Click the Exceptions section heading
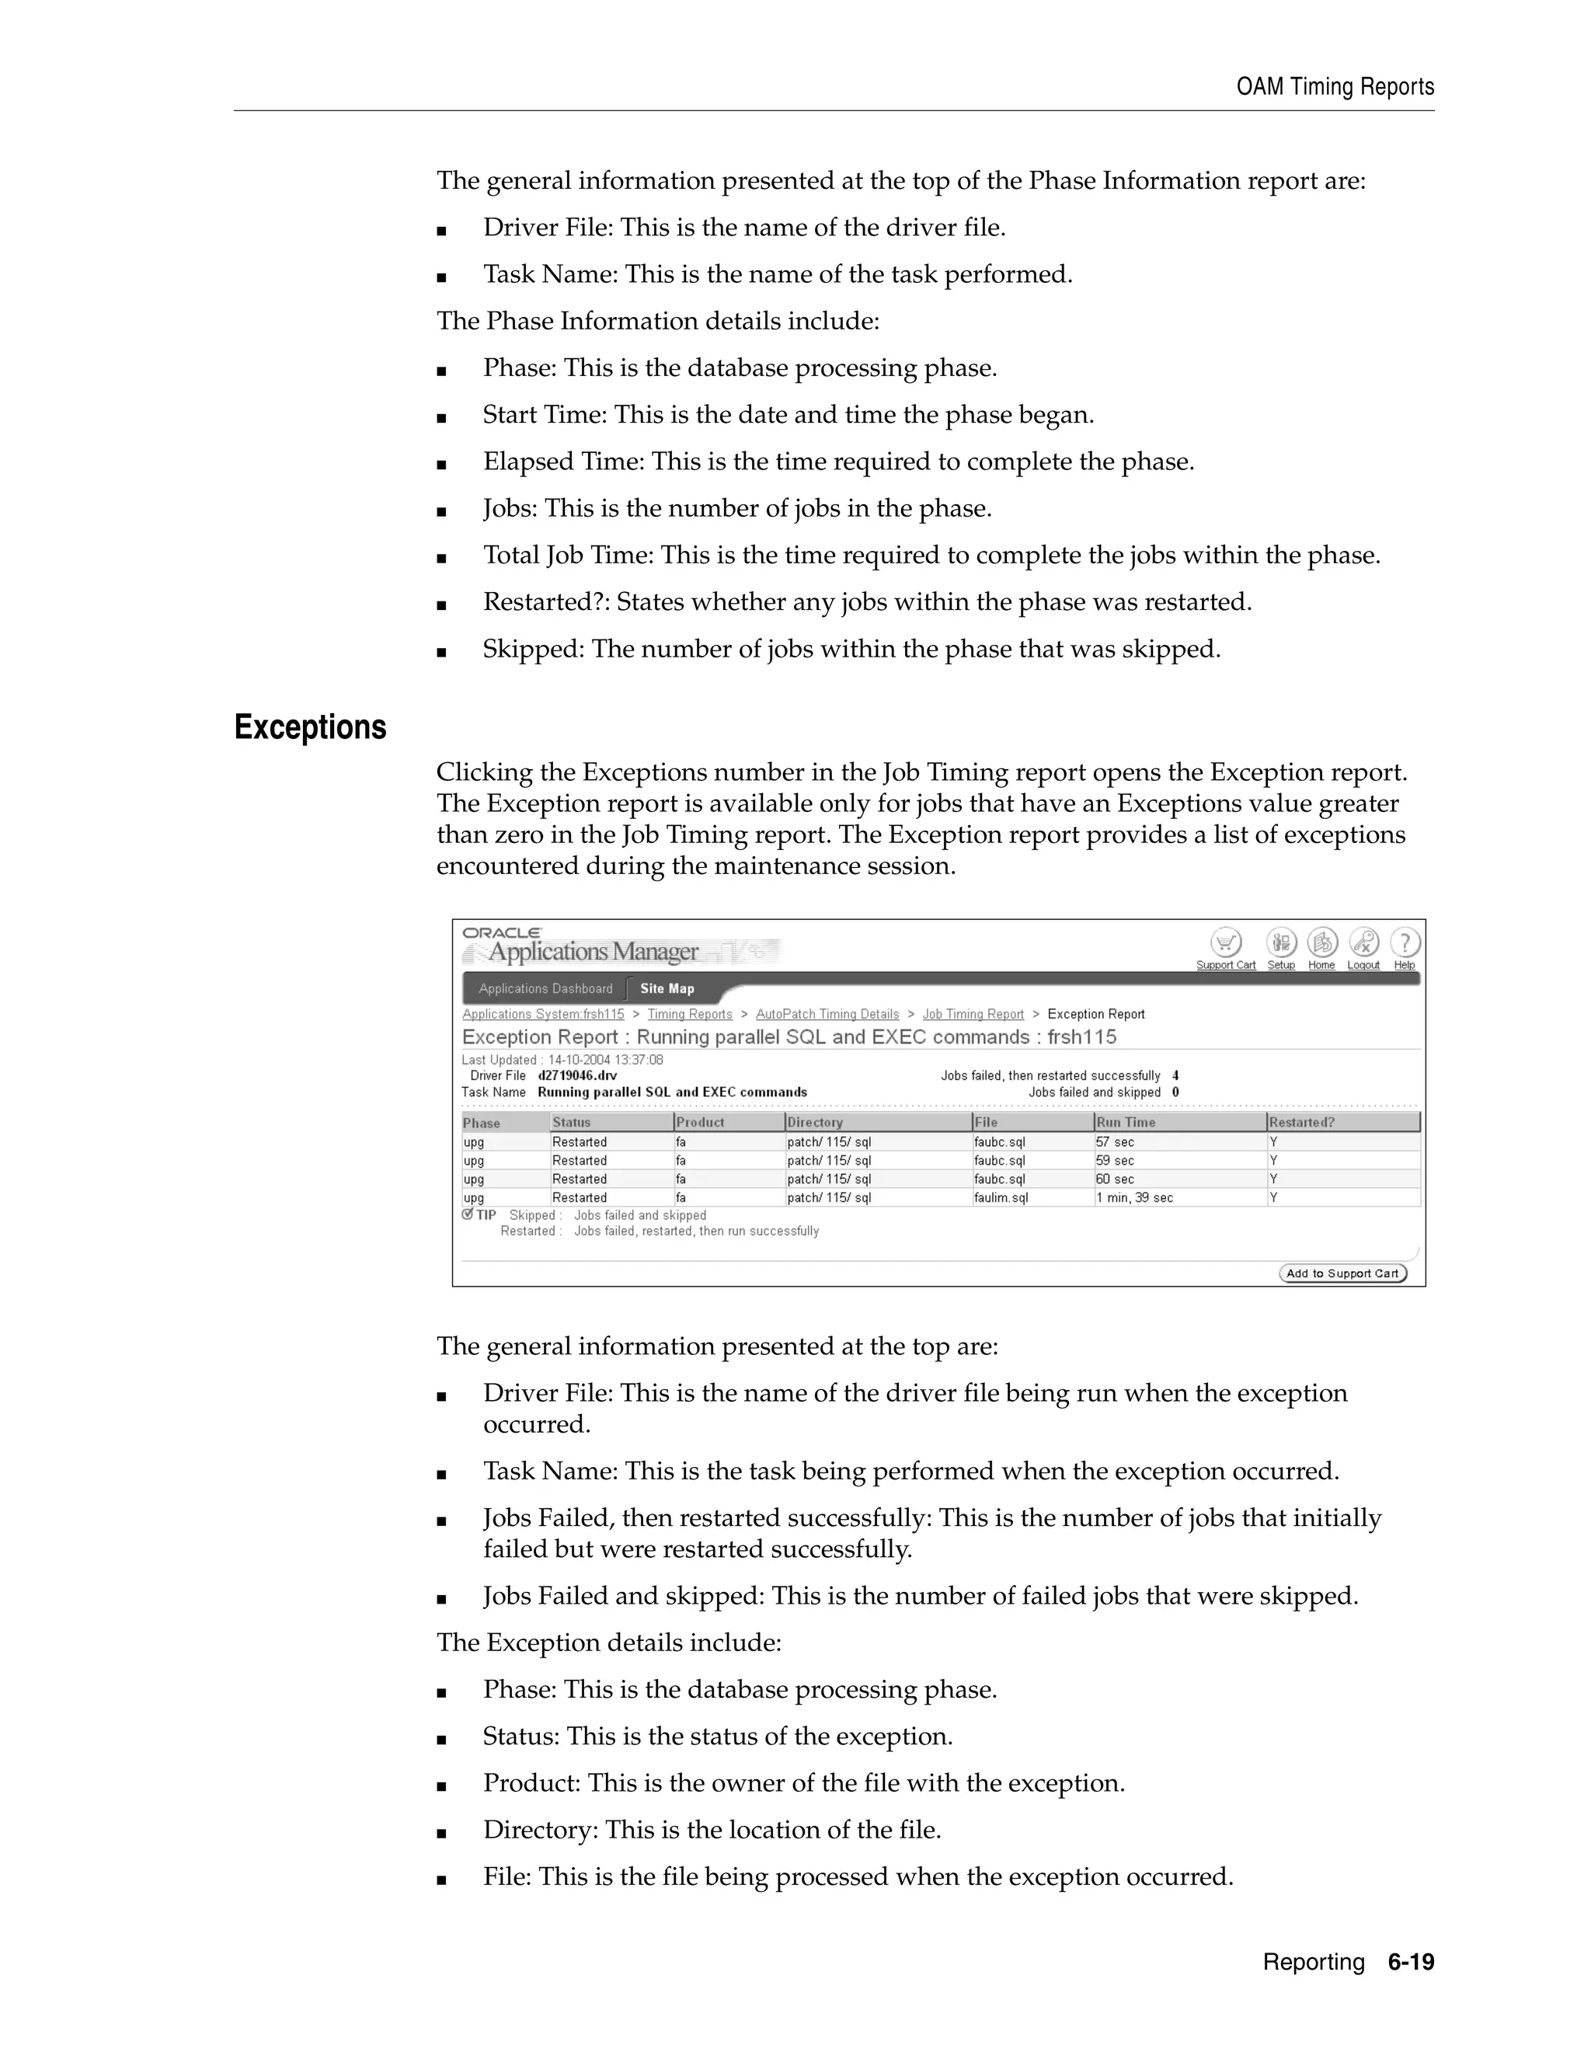click(310, 728)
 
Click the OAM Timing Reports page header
click(1335, 87)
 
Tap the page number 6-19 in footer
click(1410, 1962)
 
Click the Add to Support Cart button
click(1342, 1273)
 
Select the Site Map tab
click(667, 989)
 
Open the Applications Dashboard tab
click(545, 989)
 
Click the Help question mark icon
click(1405, 942)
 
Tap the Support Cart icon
click(1225, 942)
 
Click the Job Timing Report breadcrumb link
click(973, 1015)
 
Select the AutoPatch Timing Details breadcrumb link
click(827, 1015)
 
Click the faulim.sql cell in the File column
click(1001, 1198)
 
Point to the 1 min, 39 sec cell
click(1134, 1198)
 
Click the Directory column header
click(814, 1123)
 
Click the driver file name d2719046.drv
click(577, 1075)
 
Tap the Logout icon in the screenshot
click(1364, 942)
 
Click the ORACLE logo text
click(501, 932)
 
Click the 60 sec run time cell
click(1114, 1179)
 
